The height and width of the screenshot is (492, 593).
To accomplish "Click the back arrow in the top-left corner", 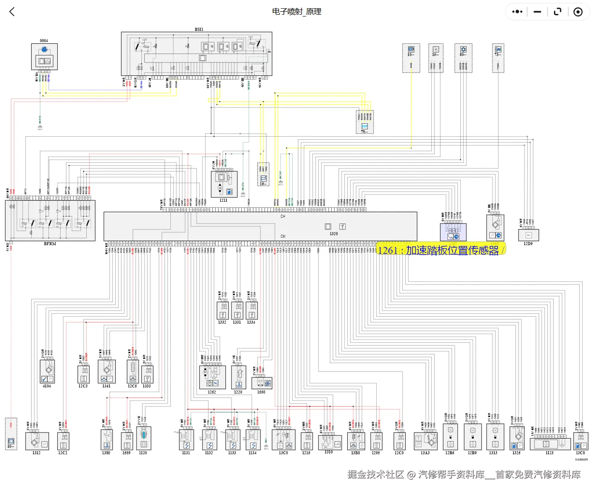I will (x=12, y=12).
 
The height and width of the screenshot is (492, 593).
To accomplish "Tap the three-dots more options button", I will (x=517, y=12).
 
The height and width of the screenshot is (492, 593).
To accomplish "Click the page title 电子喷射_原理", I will (x=296, y=12).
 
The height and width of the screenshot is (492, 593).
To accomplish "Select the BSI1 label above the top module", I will (x=199, y=30).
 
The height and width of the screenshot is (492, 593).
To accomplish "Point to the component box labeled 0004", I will (x=44, y=56).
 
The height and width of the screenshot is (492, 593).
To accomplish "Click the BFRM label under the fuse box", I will (x=50, y=244).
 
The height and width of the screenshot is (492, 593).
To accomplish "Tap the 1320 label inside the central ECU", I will (x=333, y=234).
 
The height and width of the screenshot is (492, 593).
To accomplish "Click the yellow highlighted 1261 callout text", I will (x=440, y=250).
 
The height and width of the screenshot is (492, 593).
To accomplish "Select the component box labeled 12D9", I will (x=528, y=235).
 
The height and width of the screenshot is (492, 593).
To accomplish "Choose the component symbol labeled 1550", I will (x=261, y=383).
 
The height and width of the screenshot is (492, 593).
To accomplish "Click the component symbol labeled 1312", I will (x=37, y=442).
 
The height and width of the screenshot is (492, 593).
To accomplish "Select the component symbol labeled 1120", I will (x=143, y=439).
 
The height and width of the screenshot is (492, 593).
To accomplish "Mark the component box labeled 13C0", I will (x=283, y=440).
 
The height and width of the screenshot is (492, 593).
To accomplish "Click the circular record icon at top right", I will (x=578, y=12).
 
